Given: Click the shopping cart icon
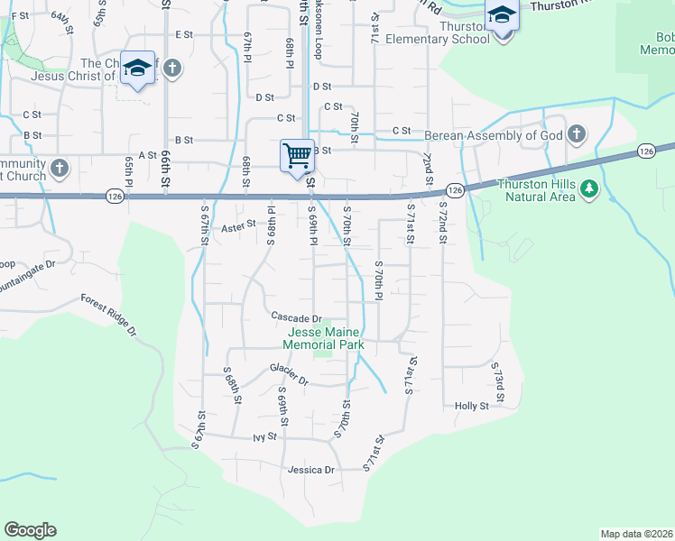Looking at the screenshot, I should (x=296, y=155).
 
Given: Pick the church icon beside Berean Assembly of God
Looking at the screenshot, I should (x=578, y=136).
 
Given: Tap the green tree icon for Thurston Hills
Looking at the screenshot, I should (x=589, y=188).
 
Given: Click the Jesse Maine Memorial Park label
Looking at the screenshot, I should (x=323, y=338).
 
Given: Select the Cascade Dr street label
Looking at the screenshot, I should (x=297, y=318).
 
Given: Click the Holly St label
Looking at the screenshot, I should (x=471, y=406).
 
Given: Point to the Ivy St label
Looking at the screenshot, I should (x=264, y=436).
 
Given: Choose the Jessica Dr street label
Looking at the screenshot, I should (x=310, y=470).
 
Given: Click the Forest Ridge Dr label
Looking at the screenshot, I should (x=108, y=315).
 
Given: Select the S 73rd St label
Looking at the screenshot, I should (x=497, y=382).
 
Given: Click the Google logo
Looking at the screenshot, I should (x=30, y=530).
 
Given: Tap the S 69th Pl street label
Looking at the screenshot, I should (x=313, y=232).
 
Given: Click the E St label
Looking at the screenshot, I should (x=185, y=34).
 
